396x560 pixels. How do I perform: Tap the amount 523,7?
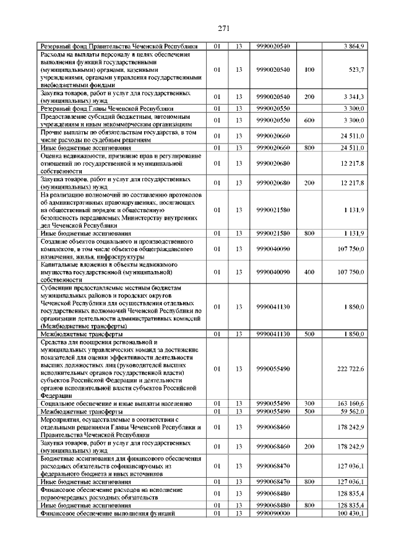[356, 70]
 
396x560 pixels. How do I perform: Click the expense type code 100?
[309, 70]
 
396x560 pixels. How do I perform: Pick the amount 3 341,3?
[354, 97]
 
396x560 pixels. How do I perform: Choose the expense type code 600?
[309, 119]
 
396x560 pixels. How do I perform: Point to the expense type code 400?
[309, 272]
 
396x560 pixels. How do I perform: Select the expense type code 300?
[309, 403]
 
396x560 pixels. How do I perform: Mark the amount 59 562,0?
[352, 411]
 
